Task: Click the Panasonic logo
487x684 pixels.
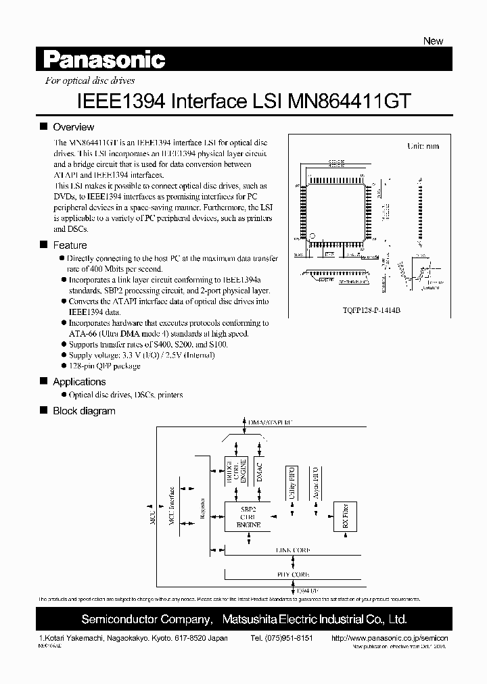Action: point(105,61)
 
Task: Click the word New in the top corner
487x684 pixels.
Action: point(433,41)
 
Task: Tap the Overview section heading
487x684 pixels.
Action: point(73,127)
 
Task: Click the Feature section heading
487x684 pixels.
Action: point(70,245)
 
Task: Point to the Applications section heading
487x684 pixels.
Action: point(79,382)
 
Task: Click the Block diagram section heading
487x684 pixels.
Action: point(84,411)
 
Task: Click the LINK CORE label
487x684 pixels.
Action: point(293,551)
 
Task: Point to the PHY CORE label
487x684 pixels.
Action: point(293,574)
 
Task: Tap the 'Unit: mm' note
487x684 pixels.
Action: point(423,146)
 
